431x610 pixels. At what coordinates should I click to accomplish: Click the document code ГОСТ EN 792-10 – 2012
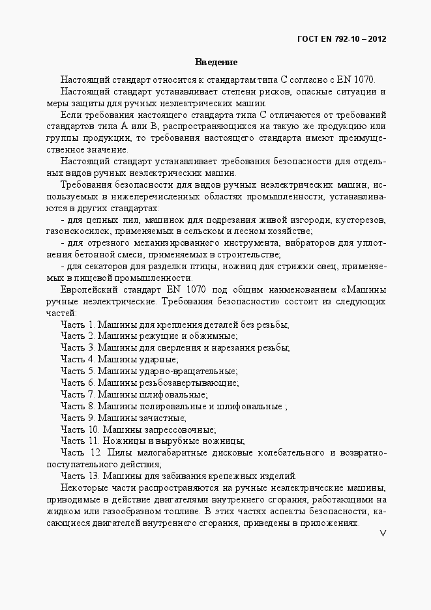point(342,38)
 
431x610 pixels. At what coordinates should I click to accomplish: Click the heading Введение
point(215,63)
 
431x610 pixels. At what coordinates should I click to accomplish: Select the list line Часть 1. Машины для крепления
point(175,325)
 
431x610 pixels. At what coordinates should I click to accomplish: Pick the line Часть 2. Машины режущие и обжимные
point(149,336)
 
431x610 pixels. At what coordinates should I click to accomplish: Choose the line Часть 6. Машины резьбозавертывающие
point(149,383)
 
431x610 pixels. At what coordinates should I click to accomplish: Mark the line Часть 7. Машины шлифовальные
point(134,394)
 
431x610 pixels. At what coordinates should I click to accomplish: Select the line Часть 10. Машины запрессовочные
point(138,429)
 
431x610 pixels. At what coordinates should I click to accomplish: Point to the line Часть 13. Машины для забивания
point(178,476)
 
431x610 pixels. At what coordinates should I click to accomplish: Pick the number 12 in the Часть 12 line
point(95,452)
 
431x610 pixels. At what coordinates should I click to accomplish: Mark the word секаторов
point(100,267)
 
